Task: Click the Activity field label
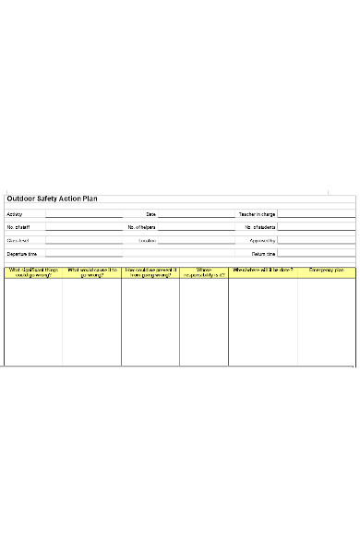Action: coord(15,214)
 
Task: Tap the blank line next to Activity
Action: coord(84,215)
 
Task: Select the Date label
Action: coord(151,214)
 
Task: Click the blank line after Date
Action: coord(196,215)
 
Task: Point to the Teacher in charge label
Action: coord(257,214)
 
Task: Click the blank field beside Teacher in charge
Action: coord(316,215)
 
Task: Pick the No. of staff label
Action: coord(18,227)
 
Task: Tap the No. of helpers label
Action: coord(142,227)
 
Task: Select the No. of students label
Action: coord(259,227)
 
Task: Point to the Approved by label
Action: coord(262,240)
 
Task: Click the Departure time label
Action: coord(22,253)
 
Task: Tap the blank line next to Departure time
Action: coord(84,254)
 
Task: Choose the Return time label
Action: coord(263,253)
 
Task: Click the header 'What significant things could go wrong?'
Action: coord(33,272)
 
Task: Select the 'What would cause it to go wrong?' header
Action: coord(91,272)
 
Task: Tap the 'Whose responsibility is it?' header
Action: coord(204,272)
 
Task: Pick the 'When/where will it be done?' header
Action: coord(263,270)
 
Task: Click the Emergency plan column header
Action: coord(327,270)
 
